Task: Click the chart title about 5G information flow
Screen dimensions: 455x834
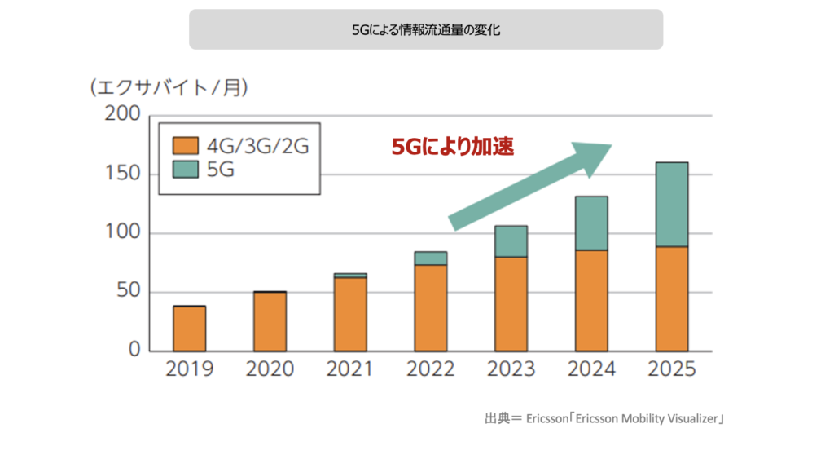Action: click(x=425, y=30)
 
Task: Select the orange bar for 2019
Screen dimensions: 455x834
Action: click(x=189, y=329)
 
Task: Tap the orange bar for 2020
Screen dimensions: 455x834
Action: click(x=270, y=321)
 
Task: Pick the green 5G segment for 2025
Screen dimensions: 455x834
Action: click(x=671, y=205)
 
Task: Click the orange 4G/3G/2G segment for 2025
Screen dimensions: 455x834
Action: click(x=671, y=298)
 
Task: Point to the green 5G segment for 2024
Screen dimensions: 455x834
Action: click(x=591, y=223)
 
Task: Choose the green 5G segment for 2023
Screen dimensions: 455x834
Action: click(x=511, y=241)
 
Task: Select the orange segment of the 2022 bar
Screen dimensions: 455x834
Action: click(x=431, y=308)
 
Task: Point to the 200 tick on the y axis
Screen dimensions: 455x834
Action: click(x=123, y=115)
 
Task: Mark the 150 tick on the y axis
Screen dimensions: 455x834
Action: click(x=123, y=174)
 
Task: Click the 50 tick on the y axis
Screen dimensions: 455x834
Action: click(x=128, y=293)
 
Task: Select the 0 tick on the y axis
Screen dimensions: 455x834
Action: click(x=134, y=351)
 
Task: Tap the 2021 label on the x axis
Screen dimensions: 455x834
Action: click(x=350, y=370)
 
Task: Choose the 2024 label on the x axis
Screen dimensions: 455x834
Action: click(x=591, y=370)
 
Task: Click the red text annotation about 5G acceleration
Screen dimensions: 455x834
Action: click(x=453, y=148)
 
